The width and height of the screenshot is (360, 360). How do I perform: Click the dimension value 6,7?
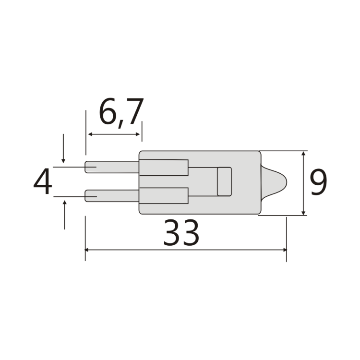click(x=120, y=113)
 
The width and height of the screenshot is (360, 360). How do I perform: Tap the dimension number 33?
click(x=181, y=233)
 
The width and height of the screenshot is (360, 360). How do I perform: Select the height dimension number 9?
click(x=318, y=183)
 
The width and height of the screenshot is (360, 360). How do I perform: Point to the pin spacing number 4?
click(x=43, y=182)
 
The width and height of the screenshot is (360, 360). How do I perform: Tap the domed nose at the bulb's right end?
click(x=276, y=182)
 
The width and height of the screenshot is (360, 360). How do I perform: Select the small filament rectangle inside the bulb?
click(x=224, y=182)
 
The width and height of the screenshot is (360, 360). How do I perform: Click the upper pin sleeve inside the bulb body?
click(x=163, y=167)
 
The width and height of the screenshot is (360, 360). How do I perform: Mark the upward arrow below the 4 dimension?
click(x=64, y=204)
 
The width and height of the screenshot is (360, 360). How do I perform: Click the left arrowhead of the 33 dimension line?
click(x=88, y=250)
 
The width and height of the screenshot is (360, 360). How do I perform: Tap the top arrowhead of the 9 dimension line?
click(x=303, y=155)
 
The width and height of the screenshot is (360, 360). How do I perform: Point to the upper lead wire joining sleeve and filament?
click(x=202, y=168)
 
